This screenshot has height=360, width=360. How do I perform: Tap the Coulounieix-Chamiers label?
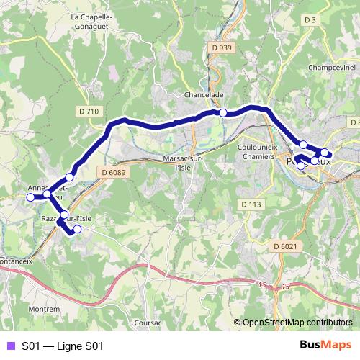(258, 150)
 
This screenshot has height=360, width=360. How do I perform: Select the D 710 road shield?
(88, 111)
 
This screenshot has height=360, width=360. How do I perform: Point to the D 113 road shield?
(251, 204)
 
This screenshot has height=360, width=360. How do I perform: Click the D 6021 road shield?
(285, 247)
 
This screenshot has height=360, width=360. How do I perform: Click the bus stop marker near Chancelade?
(223, 112)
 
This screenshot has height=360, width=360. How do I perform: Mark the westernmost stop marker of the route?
(30, 197)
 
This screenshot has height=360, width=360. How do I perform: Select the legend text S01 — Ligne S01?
(63, 346)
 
